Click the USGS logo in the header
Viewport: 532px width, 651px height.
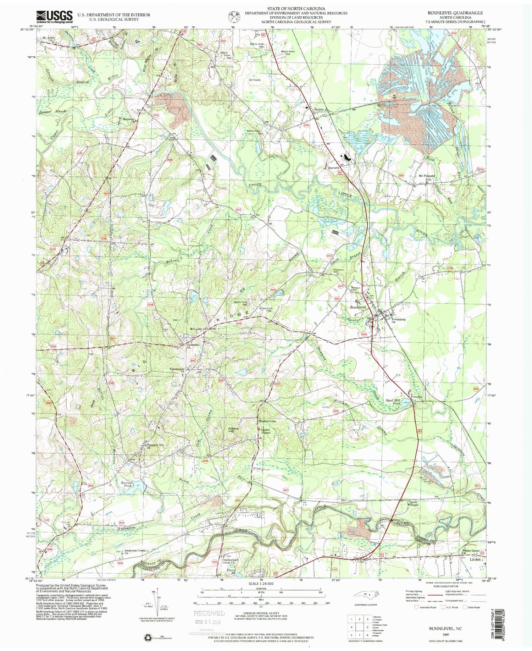point(54,16)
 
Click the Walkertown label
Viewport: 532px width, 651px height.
point(267,421)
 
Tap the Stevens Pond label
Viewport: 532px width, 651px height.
point(127,484)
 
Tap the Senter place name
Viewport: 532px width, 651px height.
point(318,110)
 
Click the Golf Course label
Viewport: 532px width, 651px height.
point(255,80)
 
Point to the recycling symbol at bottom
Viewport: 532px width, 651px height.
point(147,638)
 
